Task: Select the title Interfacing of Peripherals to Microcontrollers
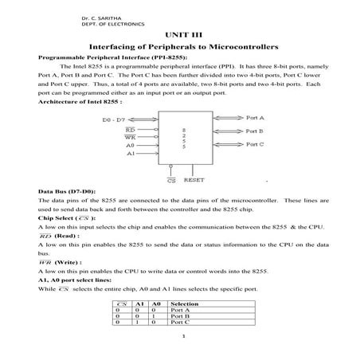180,49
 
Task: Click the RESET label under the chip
194,180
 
